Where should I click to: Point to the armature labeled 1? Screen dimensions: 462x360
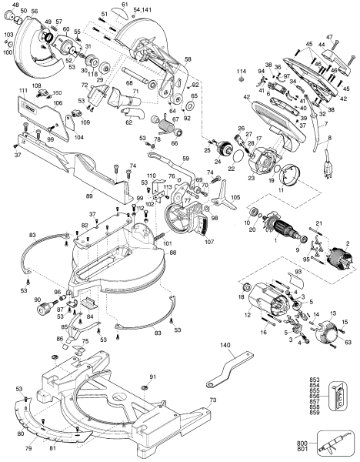pyautogui.click(x=289, y=227)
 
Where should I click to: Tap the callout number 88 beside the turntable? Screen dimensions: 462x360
pyautogui.click(x=172, y=253)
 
